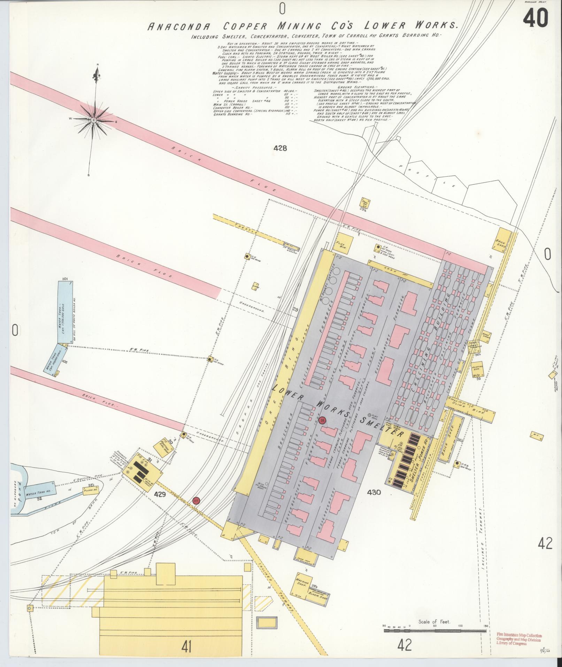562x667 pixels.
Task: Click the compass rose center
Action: pyautogui.click(x=93, y=120)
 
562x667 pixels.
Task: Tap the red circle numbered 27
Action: pyautogui.click(x=197, y=501)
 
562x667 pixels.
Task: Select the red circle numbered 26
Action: pyautogui.click(x=323, y=420)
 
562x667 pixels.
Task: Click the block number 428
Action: pyautogui.click(x=280, y=148)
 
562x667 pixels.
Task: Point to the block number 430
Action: pyautogui.click(x=374, y=492)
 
